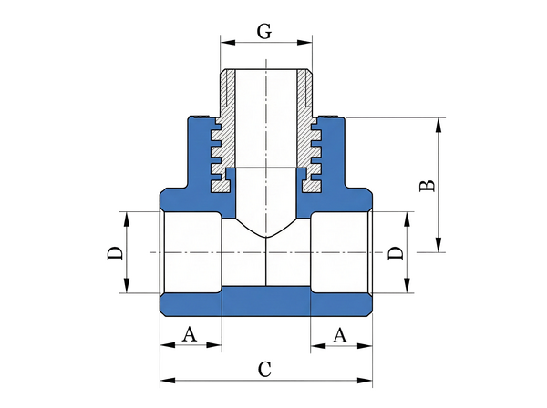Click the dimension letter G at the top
click(264, 32)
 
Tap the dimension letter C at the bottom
click(264, 369)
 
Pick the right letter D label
click(395, 253)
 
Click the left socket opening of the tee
click(190, 252)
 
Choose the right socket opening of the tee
click(340, 252)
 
